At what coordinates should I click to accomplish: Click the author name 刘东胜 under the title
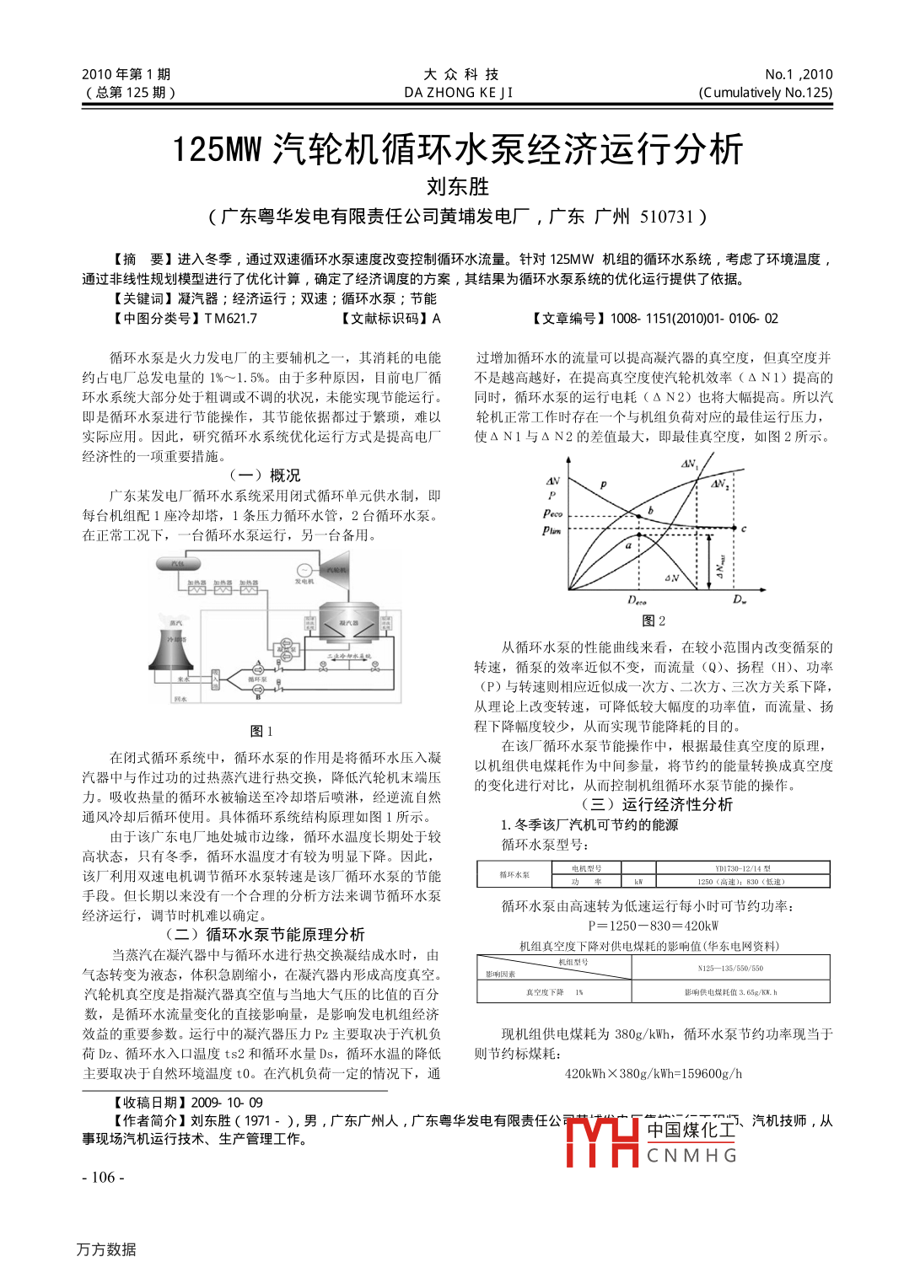pyautogui.click(x=457, y=186)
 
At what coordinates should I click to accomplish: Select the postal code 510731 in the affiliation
pyautogui.click(x=666, y=217)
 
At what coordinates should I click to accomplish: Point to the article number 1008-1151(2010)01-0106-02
pyautogui.click(x=693, y=319)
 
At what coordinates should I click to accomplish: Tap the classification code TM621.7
pyautogui.click(x=230, y=319)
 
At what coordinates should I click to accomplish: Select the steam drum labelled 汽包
pyautogui.click(x=178, y=564)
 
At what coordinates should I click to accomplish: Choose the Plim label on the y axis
pyautogui.click(x=552, y=530)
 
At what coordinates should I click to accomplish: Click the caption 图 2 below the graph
pyautogui.click(x=653, y=620)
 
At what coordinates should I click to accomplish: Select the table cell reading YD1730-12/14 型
pyautogui.click(x=742, y=868)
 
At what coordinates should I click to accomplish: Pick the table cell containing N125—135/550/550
pyautogui.click(x=730, y=969)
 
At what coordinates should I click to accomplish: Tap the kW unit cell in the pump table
pyautogui.click(x=638, y=882)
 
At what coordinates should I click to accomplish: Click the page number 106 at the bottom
pyautogui.click(x=103, y=1177)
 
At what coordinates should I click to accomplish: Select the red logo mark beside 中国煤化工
pyautogui.click(x=601, y=1142)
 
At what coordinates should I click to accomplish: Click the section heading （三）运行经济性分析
pyautogui.click(x=655, y=805)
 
